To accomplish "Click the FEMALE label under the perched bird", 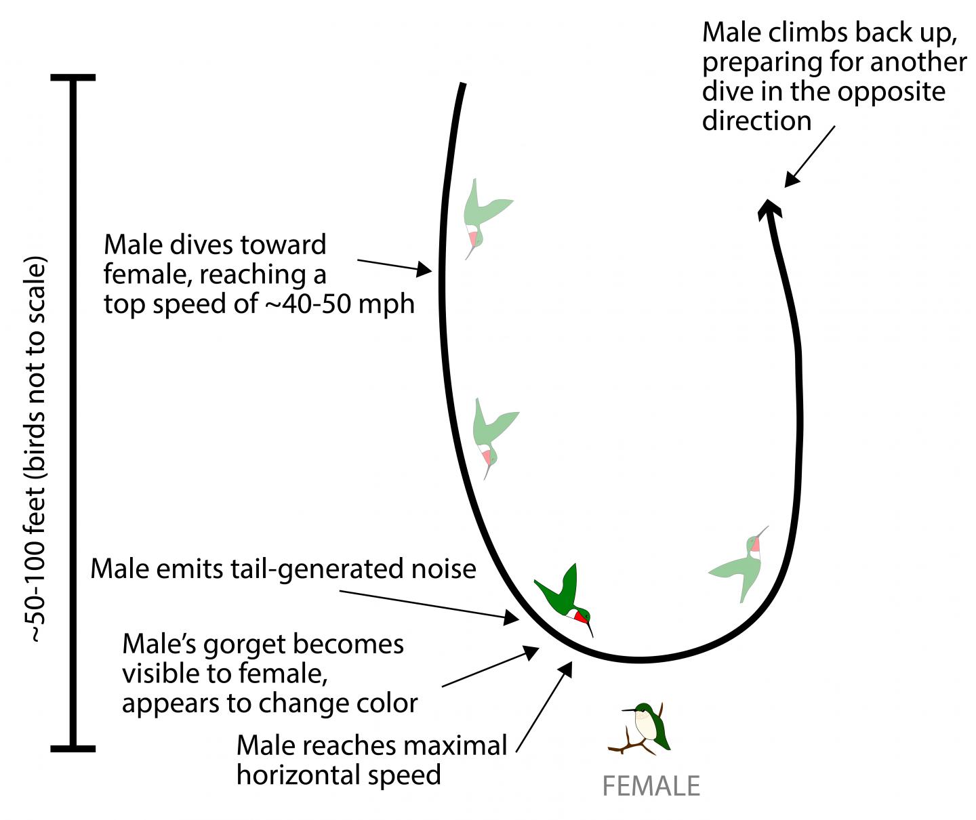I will click(x=651, y=786).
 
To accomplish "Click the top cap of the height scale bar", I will click(x=73, y=78).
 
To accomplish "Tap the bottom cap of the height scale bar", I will click(x=73, y=748).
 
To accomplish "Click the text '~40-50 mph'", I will click(x=339, y=303).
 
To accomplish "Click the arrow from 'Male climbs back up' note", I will click(x=809, y=157).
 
